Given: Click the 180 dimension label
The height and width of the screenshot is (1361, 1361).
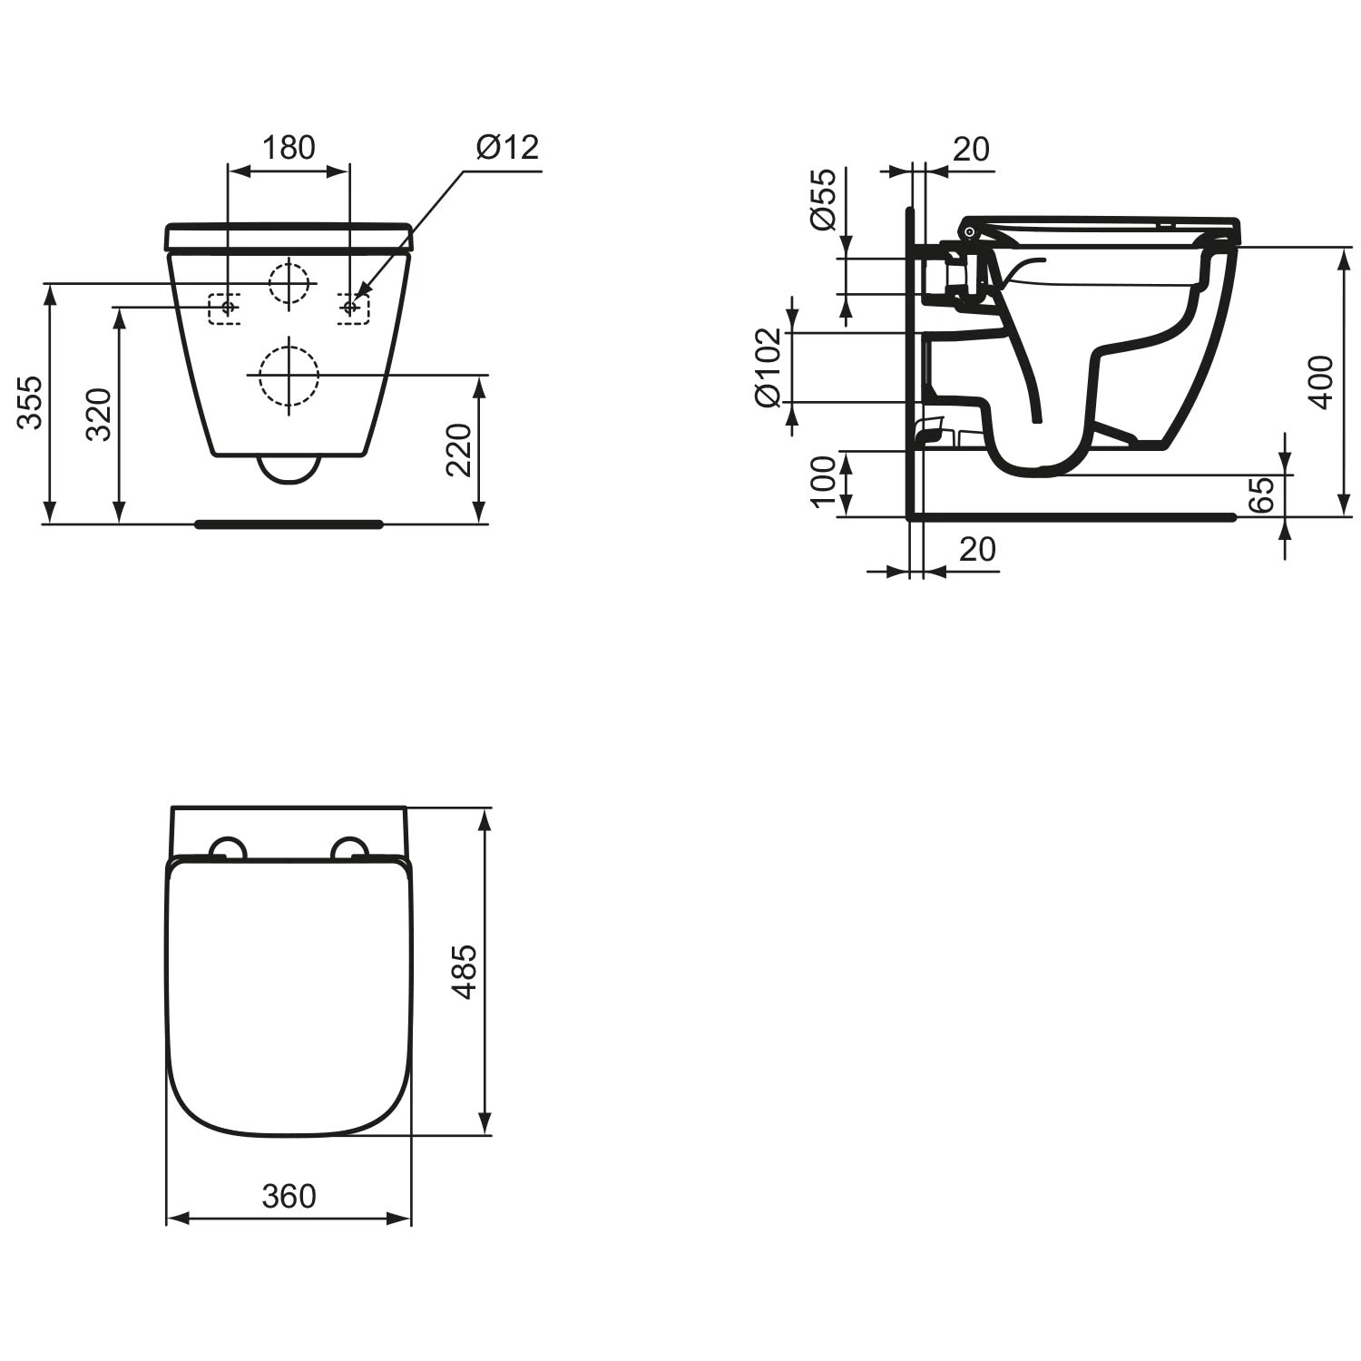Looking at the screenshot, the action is point(289,147).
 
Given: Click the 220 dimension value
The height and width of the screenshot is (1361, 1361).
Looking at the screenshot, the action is point(459,449).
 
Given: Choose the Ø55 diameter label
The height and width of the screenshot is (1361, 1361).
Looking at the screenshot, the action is point(822,200).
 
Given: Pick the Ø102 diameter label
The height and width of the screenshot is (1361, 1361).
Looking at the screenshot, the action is point(768,367).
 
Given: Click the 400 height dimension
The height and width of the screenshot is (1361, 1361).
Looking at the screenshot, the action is point(1322,381).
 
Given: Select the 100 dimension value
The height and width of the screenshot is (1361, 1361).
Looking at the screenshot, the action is point(822,482).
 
